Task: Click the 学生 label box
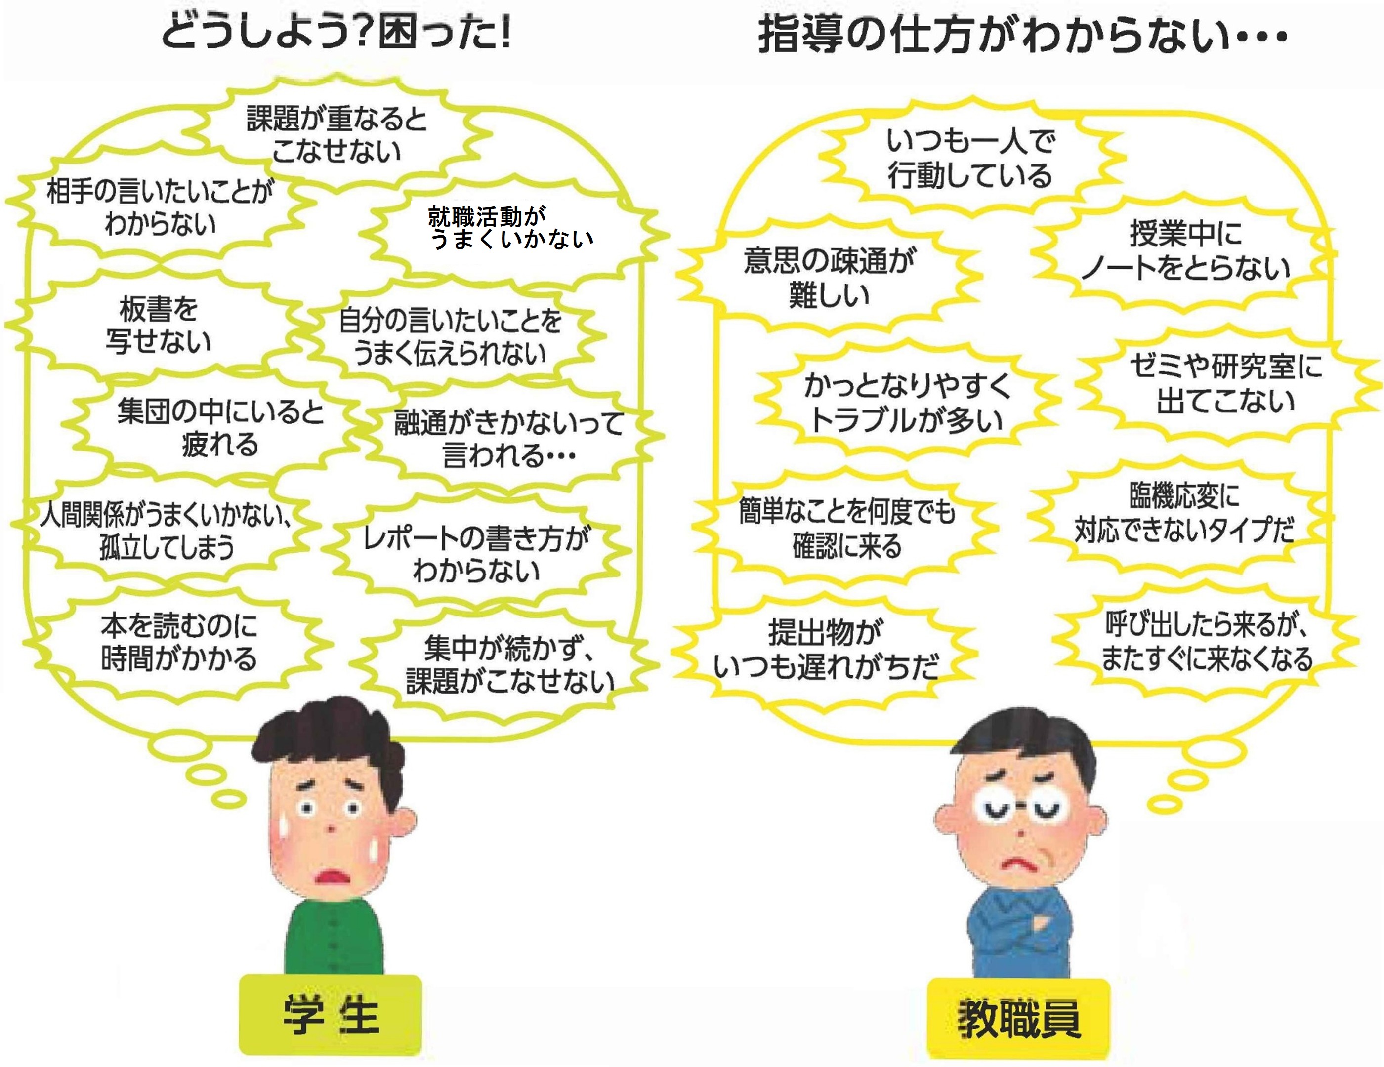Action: [x=330, y=1015]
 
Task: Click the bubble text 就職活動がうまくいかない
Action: [x=510, y=228]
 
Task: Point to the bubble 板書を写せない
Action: [x=159, y=325]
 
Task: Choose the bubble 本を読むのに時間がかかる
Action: [x=179, y=642]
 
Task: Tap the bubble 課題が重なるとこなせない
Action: [x=336, y=135]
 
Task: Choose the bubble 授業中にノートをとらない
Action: [x=1185, y=250]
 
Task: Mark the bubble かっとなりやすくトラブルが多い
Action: [x=907, y=402]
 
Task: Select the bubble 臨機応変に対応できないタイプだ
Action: [x=1184, y=513]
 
